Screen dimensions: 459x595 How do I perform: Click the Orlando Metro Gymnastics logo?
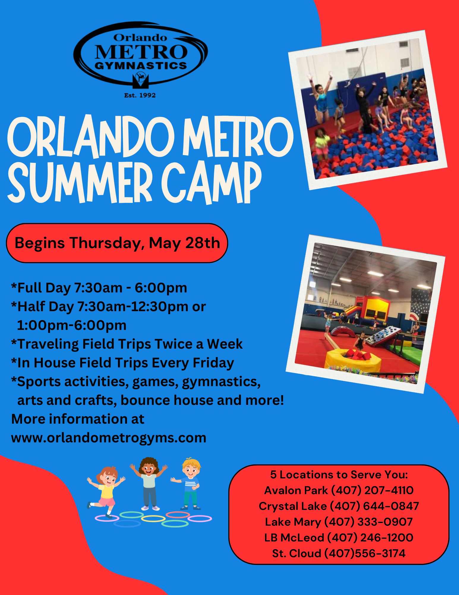point(140,57)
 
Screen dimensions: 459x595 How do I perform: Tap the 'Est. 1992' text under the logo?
point(140,95)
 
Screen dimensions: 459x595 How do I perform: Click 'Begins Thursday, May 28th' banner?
point(117,243)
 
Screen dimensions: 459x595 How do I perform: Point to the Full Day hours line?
point(99,288)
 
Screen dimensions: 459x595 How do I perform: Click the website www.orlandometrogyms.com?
point(109,438)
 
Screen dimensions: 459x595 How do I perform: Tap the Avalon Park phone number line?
point(339,490)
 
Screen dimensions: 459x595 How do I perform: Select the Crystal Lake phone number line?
point(339,506)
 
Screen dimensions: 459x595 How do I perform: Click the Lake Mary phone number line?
point(339,522)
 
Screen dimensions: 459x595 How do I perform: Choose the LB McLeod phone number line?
point(339,537)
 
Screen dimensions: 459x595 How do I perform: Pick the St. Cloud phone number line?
point(339,553)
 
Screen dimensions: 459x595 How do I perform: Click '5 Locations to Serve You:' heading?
point(339,474)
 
